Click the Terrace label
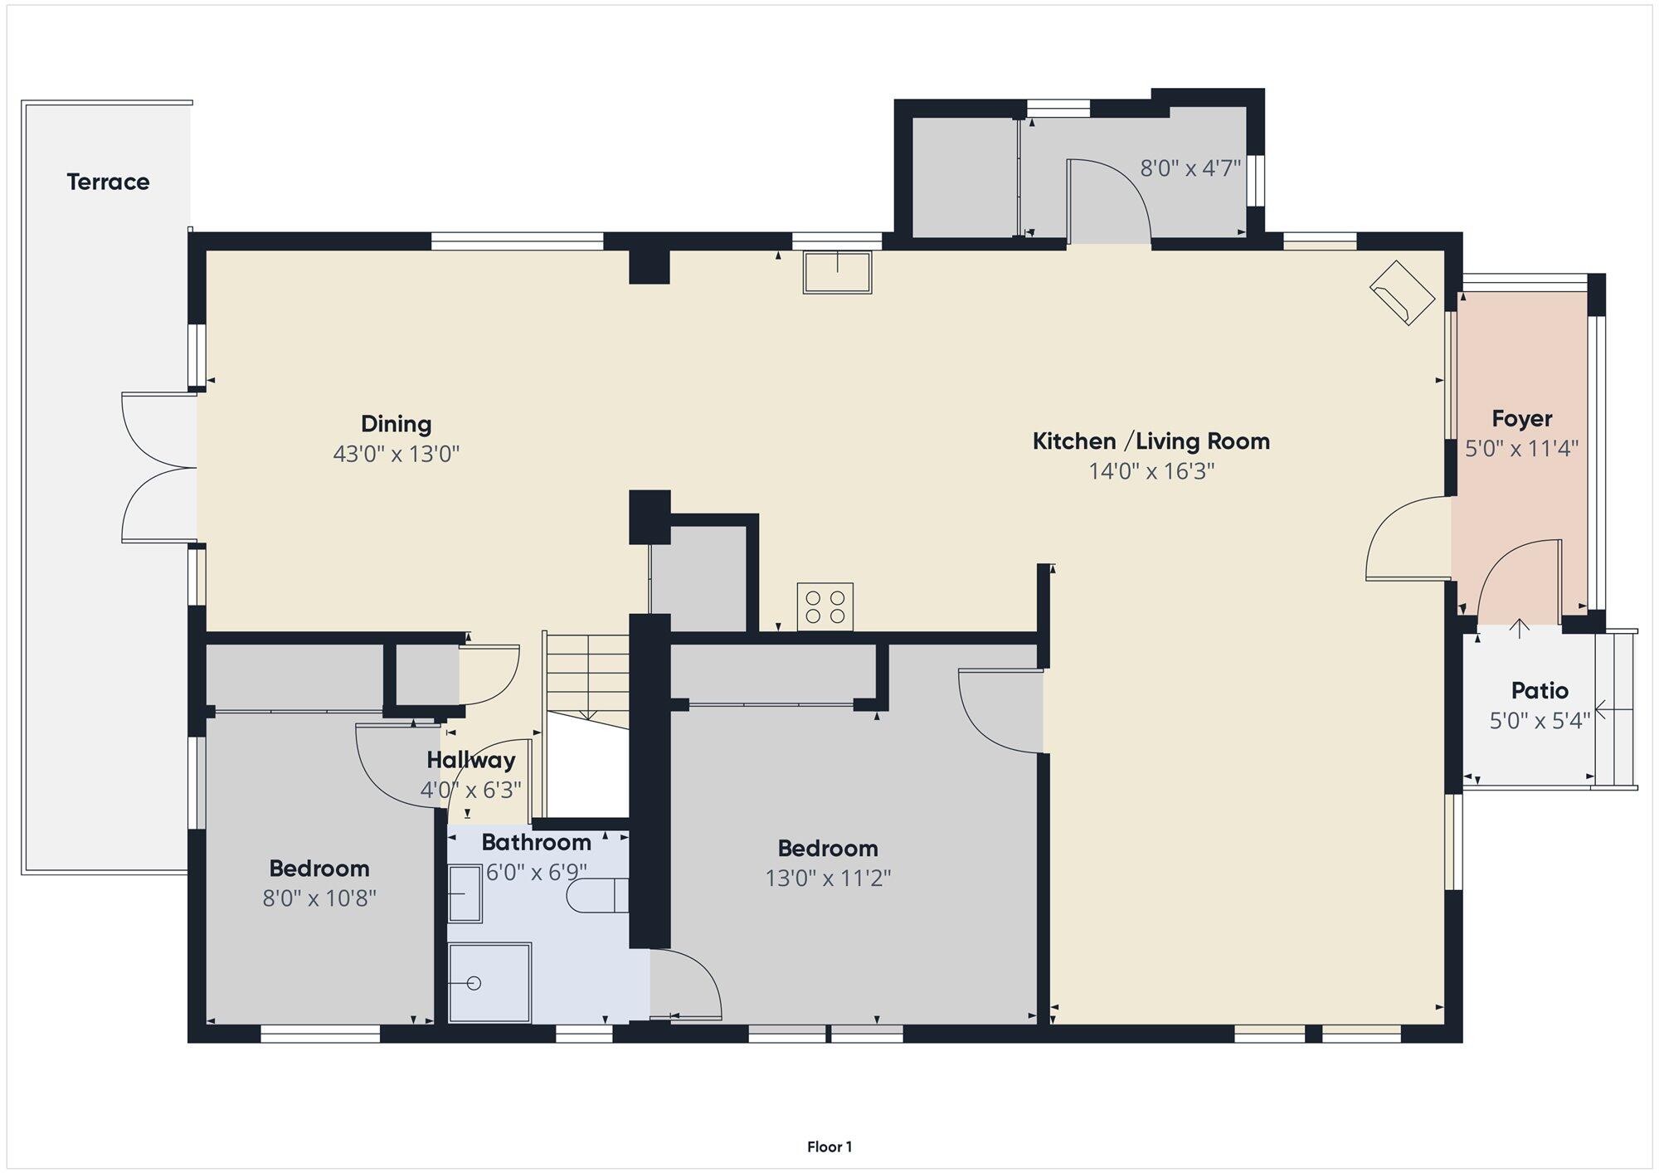(x=108, y=182)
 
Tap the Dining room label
(x=396, y=424)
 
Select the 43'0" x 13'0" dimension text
(x=396, y=454)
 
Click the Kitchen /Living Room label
(x=1151, y=440)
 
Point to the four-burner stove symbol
(x=825, y=606)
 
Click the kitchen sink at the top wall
(x=837, y=272)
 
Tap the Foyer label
(x=1521, y=419)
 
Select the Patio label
(x=1540, y=690)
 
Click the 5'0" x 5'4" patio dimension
(x=1540, y=720)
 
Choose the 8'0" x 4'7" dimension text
(x=1190, y=168)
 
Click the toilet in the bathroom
(x=597, y=896)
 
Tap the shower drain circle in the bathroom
(x=474, y=983)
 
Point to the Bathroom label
(x=536, y=842)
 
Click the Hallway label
(x=470, y=760)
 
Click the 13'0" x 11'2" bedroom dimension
(x=828, y=878)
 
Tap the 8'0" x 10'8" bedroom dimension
(x=319, y=898)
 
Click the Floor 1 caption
(x=829, y=1146)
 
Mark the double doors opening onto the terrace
(x=159, y=468)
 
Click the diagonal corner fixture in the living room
(x=1402, y=293)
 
